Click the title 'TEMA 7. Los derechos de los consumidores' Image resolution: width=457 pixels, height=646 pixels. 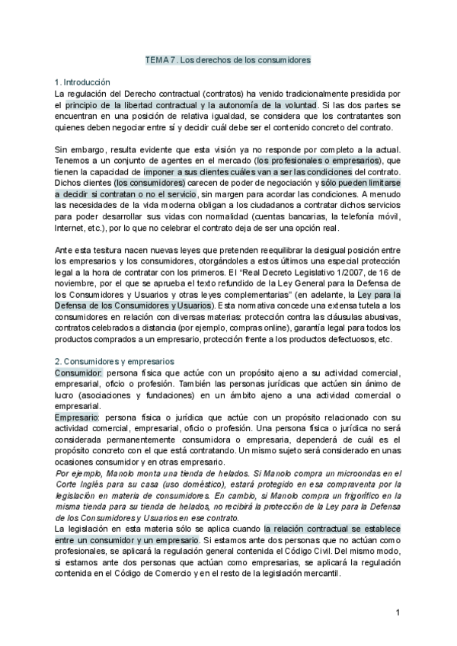pos(228,59)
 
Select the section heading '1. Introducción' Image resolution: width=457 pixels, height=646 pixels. pos(83,82)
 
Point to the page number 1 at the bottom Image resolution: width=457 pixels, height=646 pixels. pos(398,612)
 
